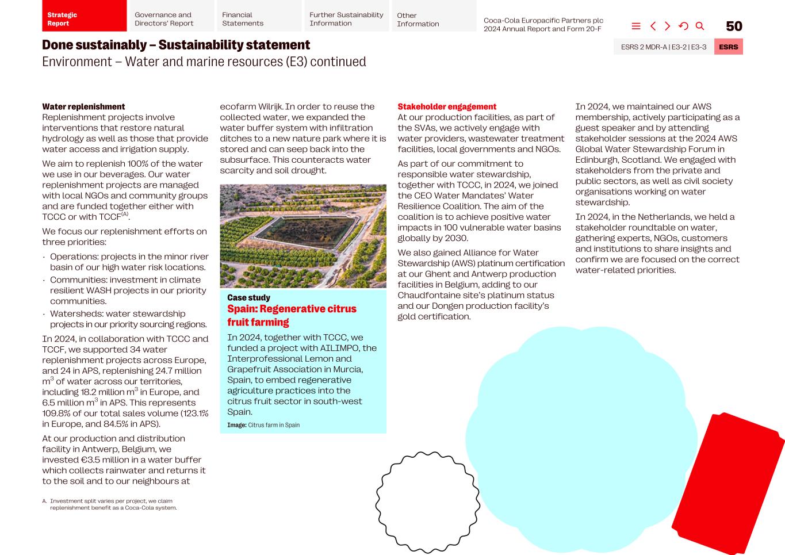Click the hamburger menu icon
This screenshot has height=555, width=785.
(x=636, y=26)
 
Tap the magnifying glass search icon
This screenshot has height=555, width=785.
(x=700, y=26)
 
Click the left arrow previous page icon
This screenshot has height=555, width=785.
(x=653, y=26)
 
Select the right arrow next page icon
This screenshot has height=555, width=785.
(x=668, y=26)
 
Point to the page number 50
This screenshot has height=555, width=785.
(x=734, y=26)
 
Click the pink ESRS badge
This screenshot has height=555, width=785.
(x=728, y=47)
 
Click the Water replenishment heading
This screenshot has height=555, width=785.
(x=83, y=107)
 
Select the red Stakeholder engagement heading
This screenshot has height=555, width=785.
(x=447, y=107)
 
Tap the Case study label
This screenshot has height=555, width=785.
(x=248, y=298)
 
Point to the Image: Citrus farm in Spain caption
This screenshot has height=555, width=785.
(x=263, y=425)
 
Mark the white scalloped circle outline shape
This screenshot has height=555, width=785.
(x=427, y=502)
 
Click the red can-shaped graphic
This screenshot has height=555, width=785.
(x=727, y=483)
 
